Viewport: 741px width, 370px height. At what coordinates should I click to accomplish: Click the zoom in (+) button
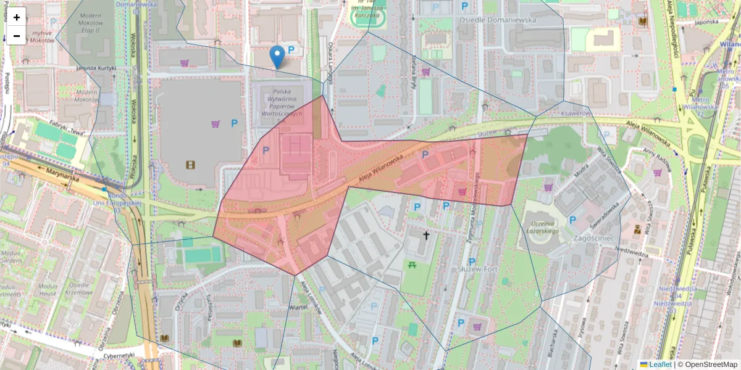pos(17,17)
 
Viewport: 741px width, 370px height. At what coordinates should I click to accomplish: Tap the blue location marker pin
pos(278,57)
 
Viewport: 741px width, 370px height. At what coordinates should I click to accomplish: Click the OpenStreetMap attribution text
pos(707,364)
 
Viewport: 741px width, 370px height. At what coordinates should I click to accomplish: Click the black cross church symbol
pos(425,235)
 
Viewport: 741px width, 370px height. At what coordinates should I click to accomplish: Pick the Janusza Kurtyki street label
pos(96,68)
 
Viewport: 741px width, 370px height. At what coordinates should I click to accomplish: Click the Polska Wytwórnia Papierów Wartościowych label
pos(282,102)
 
